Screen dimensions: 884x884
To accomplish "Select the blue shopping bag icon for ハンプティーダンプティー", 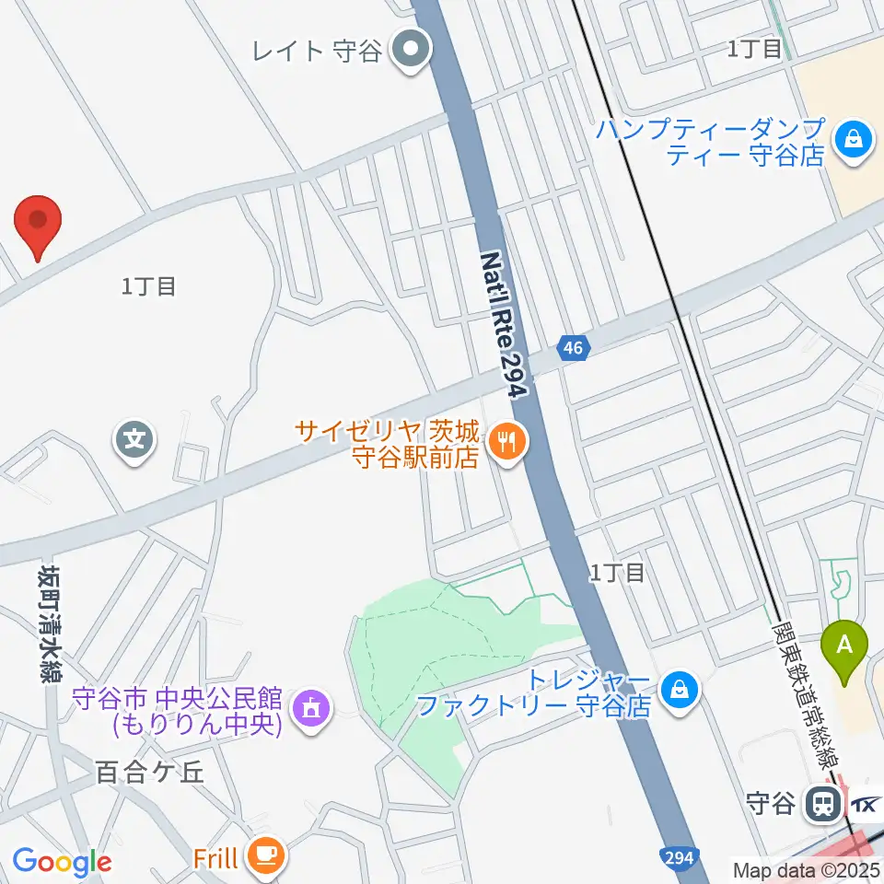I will (x=854, y=141).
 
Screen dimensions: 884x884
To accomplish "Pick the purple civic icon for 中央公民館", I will (x=309, y=709).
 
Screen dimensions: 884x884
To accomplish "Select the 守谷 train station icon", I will (x=820, y=805).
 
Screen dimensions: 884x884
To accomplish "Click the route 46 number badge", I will (x=573, y=348).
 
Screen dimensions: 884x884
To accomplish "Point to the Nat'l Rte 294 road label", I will (x=504, y=323).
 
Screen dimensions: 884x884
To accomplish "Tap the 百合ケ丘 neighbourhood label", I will (x=148, y=772).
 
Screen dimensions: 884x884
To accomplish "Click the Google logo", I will (x=62, y=862).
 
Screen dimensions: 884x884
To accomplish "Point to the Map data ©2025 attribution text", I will (x=807, y=869).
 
